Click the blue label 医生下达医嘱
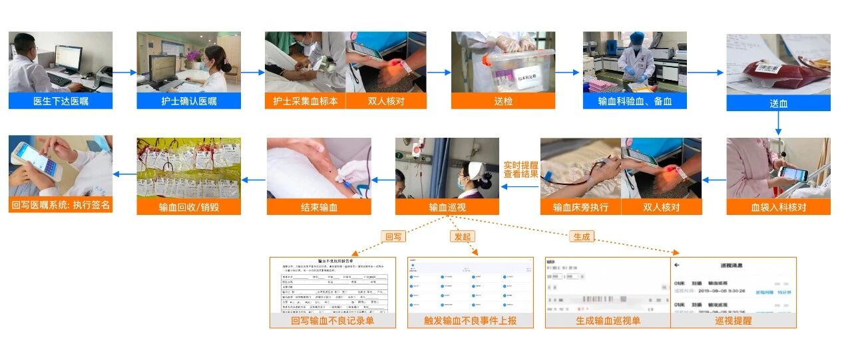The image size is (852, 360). click(61, 101)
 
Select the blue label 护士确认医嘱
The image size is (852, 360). click(189, 101)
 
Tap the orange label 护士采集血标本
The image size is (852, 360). click(306, 101)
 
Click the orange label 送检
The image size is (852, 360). click(503, 101)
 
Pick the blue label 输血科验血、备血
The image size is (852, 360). click(635, 101)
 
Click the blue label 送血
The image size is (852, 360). click(778, 103)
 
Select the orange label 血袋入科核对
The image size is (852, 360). click(778, 207)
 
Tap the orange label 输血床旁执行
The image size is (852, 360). click(580, 207)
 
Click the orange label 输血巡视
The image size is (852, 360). click(447, 207)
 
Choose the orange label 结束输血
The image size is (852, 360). click(319, 207)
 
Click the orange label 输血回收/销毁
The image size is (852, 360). click(189, 207)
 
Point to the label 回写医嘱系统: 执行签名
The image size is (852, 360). click(61, 206)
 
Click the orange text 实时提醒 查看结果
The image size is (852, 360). click(521, 169)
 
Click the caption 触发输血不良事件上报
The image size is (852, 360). click(471, 320)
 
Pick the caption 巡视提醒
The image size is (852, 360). click(733, 320)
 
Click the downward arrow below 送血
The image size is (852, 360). click(778, 124)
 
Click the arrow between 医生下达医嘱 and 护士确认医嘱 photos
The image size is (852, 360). click(124, 72)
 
